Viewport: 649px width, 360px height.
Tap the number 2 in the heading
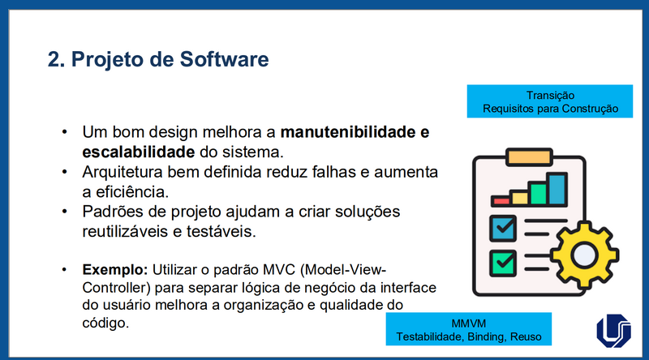54,59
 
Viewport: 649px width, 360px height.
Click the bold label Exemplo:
112,268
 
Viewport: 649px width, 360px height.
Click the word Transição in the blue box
551,95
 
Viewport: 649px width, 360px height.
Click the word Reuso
528,336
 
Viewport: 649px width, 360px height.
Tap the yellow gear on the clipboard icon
584,255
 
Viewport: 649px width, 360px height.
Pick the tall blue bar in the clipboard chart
557,188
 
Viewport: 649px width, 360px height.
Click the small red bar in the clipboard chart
501,199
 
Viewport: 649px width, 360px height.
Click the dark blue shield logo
613,330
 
